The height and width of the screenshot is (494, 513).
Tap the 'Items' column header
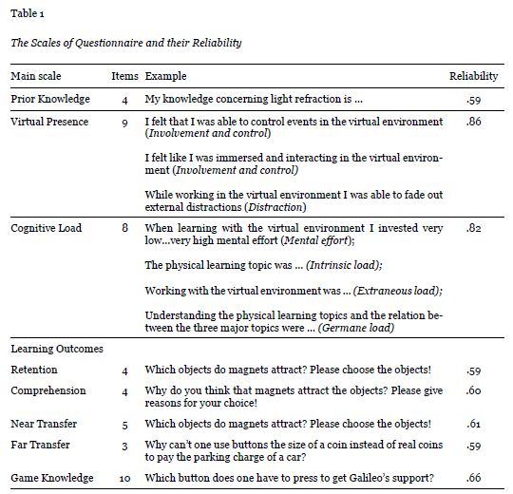click(x=125, y=75)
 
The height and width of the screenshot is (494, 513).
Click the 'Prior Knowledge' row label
click(x=50, y=99)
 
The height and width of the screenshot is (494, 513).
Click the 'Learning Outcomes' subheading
click(x=57, y=349)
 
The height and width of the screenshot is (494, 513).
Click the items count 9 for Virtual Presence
click(x=125, y=123)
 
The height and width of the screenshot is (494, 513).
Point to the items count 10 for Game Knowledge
click(x=125, y=478)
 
